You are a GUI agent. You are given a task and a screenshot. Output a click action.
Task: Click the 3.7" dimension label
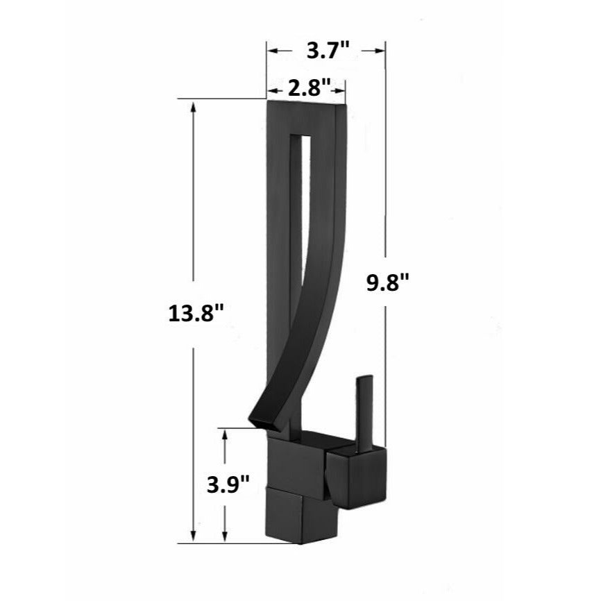pos(326,50)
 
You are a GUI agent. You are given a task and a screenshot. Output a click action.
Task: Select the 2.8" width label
pos(307,89)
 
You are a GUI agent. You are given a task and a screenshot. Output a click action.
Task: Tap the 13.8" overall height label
pos(195,312)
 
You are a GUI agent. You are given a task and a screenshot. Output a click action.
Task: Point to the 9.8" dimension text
pos(387,283)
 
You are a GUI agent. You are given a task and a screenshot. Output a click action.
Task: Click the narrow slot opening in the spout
pos(298,208)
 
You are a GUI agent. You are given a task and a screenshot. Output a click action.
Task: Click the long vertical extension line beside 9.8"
pos(385,173)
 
